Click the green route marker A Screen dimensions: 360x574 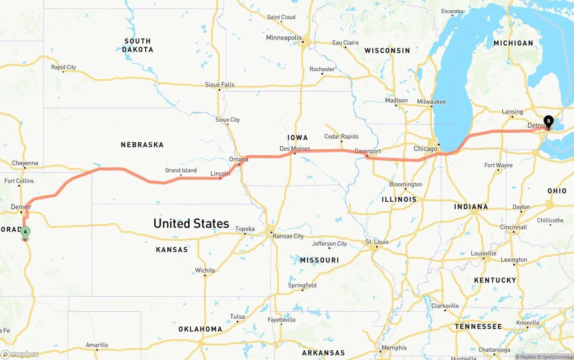click(26, 232)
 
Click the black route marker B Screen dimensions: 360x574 click(548, 121)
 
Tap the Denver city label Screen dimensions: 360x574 click(21, 207)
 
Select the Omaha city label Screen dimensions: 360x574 click(239, 159)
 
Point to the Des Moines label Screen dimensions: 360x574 click(295, 148)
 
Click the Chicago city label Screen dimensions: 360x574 click(425, 148)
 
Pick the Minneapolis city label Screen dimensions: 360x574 click(284, 38)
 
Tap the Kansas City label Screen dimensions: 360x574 click(288, 236)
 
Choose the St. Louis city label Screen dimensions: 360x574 click(376, 242)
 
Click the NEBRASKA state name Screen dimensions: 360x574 click(142, 145)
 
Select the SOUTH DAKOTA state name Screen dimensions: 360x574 click(138, 45)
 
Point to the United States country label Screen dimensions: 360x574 click(191, 223)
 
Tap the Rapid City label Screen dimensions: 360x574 click(63, 67)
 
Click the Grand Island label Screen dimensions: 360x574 click(181, 170)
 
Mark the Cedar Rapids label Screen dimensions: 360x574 click(341, 136)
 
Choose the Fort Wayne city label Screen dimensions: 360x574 click(498, 165)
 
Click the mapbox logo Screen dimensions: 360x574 click(20, 354)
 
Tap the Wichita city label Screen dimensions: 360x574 click(205, 270)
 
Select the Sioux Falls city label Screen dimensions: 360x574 click(220, 85)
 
